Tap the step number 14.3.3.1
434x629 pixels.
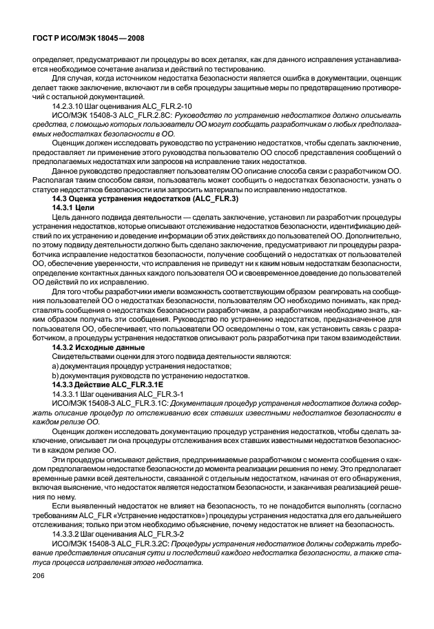[x=68, y=392]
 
